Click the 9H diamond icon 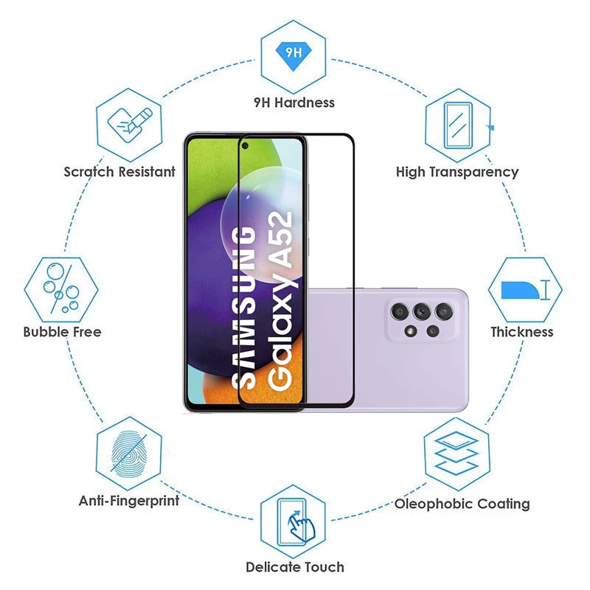(294, 52)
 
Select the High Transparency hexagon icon (458, 121)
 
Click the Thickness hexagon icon (525, 288)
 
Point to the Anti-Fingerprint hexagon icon (130, 452)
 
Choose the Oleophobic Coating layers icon (457, 452)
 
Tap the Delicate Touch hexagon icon (294, 519)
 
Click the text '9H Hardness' (294, 103)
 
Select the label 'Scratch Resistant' (119, 172)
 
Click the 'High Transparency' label (457, 172)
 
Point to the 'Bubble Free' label (62, 332)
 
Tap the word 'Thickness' (522, 332)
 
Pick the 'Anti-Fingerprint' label (129, 501)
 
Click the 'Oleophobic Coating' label (462, 504)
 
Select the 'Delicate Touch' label (295, 567)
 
